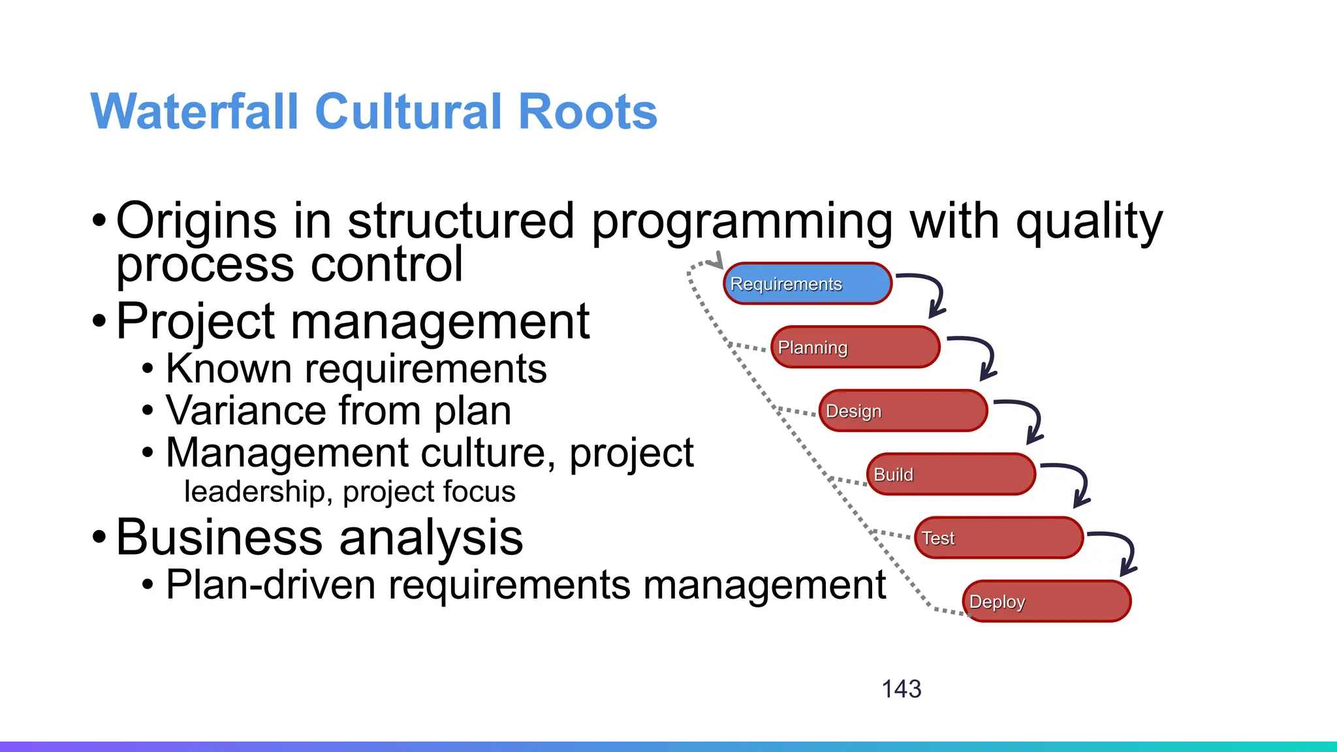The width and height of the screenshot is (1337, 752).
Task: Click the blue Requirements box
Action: click(808, 283)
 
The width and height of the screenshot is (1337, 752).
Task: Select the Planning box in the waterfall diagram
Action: click(855, 347)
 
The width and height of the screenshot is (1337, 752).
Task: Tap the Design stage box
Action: click(903, 411)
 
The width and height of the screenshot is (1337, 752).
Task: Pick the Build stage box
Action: click(951, 474)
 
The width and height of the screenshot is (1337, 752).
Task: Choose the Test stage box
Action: click(999, 538)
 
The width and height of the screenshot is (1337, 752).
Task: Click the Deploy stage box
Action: click(1046, 601)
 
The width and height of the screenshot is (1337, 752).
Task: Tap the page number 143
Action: click(901, 689)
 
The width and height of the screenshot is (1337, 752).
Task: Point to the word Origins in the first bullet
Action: click(196, 222)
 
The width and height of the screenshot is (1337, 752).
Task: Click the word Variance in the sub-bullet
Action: click(245, 411)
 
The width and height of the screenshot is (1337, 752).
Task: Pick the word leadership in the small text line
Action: click(254, 492)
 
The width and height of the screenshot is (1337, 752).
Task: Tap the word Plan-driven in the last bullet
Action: click(270, 584)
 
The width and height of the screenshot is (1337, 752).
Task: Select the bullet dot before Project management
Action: click(99, 321)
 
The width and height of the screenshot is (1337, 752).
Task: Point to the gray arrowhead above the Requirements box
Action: click(717, 261)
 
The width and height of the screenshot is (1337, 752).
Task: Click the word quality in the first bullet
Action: click(1089, 222)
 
